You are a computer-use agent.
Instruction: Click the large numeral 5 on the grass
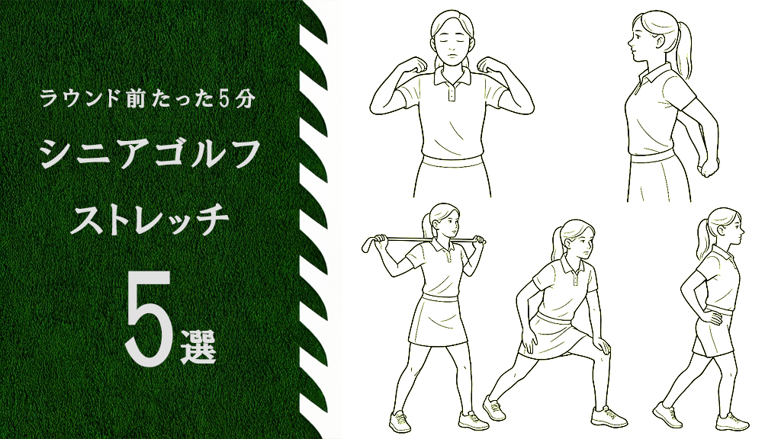coord(148,319)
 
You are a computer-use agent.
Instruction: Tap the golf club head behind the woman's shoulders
coord(368,245)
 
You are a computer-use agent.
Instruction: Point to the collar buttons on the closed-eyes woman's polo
coord(452,90)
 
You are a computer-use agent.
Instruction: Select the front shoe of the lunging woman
coord(609,417)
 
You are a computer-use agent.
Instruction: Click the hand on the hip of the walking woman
coord(710,315)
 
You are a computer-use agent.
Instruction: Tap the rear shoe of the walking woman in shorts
coord(667,415)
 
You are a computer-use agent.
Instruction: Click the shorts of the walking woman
coord(713,334)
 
